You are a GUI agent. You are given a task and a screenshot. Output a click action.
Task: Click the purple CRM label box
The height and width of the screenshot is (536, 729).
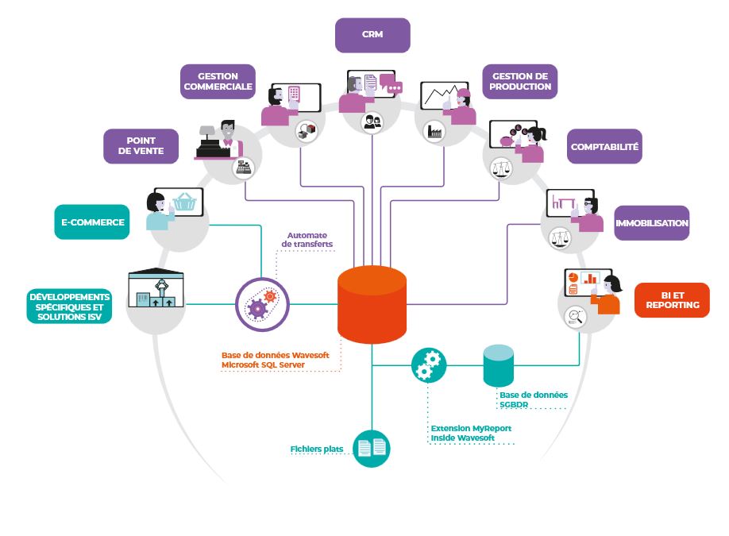(372, 35)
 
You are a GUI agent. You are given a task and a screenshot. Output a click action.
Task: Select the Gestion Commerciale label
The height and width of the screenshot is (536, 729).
(218, 82)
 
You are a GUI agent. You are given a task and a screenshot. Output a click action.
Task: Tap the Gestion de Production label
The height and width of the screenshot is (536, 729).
(519, 81)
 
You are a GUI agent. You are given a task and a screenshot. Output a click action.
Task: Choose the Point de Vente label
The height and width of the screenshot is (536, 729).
(140, 145)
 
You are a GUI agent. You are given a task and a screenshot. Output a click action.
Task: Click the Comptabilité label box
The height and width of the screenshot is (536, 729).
(604, 147)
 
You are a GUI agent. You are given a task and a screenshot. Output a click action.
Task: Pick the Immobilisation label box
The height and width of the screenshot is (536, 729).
(651, 223)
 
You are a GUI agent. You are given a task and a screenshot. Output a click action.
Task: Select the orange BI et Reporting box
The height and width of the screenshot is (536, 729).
(672, 300)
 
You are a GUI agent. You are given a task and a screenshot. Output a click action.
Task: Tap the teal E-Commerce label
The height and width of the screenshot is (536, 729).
(91, 222)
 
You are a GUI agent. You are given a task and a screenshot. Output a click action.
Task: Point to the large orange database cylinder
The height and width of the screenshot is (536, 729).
(372, 304)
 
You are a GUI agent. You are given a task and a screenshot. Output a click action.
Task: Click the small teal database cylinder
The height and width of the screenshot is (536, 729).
(499, 366)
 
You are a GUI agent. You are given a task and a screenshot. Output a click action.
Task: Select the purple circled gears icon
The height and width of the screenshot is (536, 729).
(262, 304)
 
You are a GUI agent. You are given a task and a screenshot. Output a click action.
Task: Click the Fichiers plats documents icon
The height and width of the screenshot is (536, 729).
(371, 449)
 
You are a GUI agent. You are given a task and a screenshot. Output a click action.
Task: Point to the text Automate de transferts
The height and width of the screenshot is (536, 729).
(309, 240)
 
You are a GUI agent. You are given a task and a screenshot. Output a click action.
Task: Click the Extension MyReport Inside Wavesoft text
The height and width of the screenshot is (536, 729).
(470, 433)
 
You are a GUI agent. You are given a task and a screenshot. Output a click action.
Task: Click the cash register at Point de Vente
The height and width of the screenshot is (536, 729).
(209, 143)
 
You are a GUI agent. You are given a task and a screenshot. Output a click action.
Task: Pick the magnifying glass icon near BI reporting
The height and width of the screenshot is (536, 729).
(574, 318)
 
